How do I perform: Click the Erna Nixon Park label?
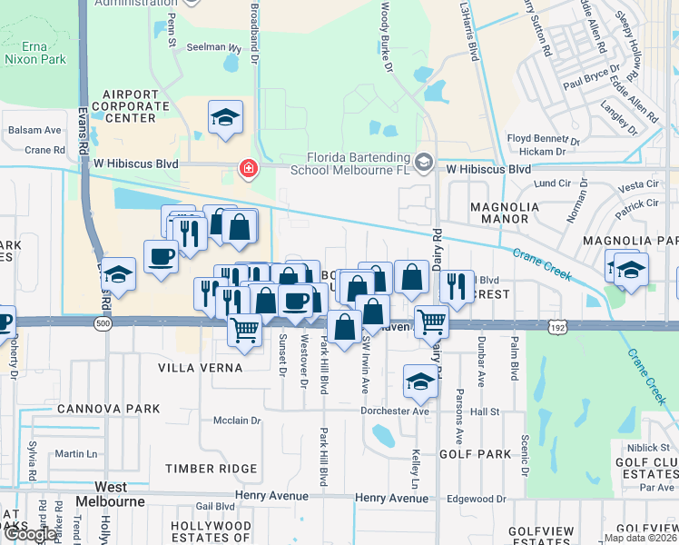(35, 53)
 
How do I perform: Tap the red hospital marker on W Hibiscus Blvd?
(247, 168)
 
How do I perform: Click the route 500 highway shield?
(102, 322)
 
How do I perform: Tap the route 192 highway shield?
(557, 324)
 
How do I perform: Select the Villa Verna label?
(201, 368)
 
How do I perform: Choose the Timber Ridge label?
(212, 468)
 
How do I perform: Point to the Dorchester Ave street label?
(395, 411)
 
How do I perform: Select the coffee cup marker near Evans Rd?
(162, 257)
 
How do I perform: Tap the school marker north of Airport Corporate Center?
(224, 117)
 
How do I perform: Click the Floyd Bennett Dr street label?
(542, 138)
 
